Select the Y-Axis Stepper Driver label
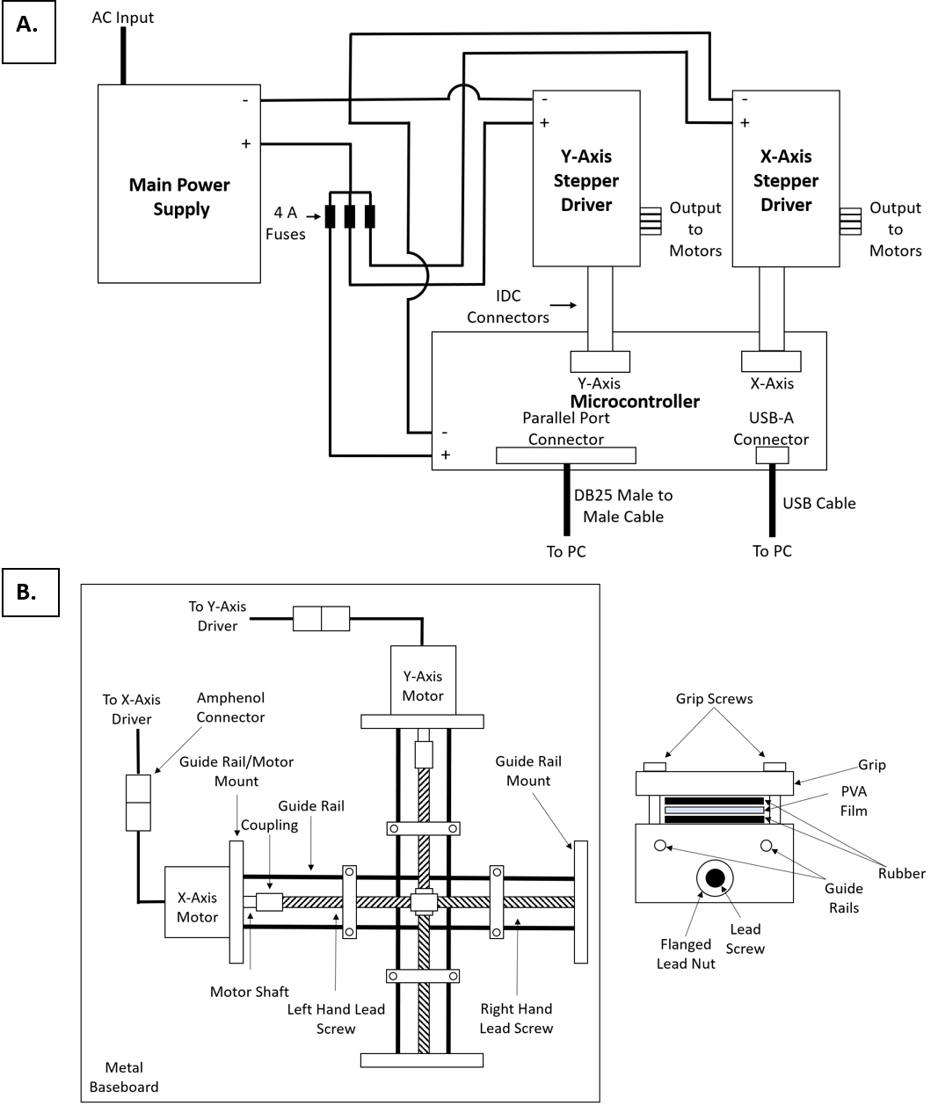(586, 180)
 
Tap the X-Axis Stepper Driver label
(786, 180)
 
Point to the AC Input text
(123, 18)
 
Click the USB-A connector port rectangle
(772, 455)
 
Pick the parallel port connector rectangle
(565, 455)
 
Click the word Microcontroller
(635, 402)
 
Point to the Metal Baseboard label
(124, 1077)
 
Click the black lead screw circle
(715, 877)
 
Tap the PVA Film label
(853, 801)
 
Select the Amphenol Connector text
(230, 708)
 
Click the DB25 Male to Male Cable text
(623, 506)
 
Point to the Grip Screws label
(714, 699)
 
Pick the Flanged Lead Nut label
(686, 954)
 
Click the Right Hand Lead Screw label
(516, 1018)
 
